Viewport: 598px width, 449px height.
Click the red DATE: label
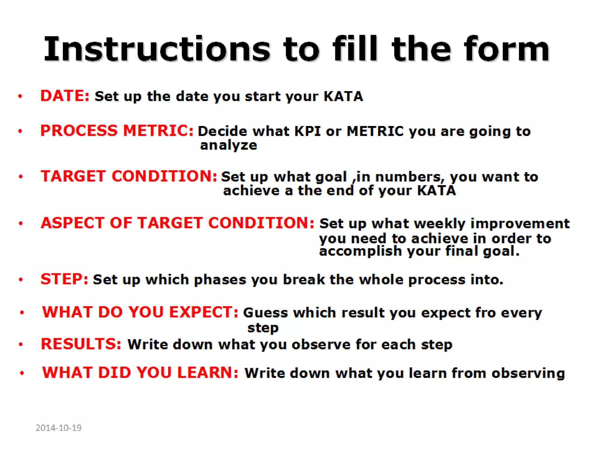(x=65, y=96)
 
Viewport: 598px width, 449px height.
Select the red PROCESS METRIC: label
(x=117, y=131)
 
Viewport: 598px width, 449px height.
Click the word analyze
(x=228, y=145)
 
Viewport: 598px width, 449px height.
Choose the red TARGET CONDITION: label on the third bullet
(x=129, y=176)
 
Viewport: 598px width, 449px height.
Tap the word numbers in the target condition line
(x=408, y=177)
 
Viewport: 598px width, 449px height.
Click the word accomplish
(x=360, y=251)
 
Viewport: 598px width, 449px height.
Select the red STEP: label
(x=64, y=279)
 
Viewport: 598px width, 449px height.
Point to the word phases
(x=220, y=280)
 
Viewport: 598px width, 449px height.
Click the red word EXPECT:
(x=204, y=312)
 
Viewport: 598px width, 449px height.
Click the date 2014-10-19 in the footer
(x=58, y=428)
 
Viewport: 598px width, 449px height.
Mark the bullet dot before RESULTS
(x=21, y=345)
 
